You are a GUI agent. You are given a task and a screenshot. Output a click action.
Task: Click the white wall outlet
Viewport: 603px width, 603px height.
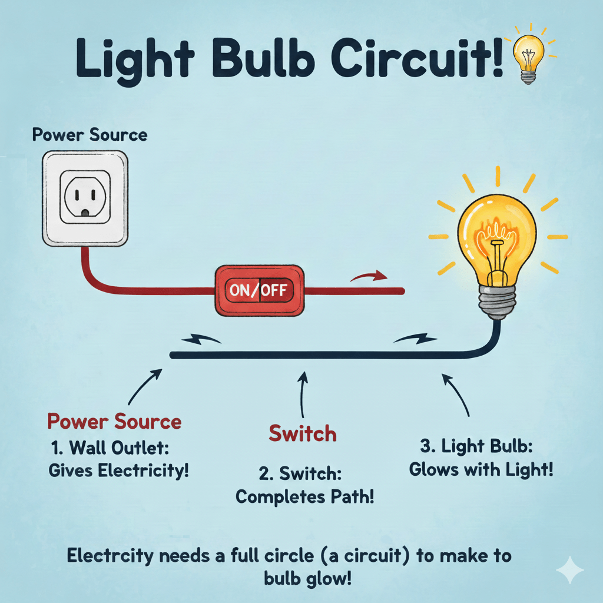85,198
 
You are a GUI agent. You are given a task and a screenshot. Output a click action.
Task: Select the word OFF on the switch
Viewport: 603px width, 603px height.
274,290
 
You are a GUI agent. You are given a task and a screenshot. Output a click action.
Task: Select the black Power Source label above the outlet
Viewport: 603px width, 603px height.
90,135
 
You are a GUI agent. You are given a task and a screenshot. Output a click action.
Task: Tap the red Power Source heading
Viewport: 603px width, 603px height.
114,422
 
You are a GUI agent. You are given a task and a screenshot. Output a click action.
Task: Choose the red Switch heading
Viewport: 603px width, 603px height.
303,434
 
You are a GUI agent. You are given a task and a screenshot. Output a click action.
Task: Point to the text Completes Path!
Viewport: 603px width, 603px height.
305,496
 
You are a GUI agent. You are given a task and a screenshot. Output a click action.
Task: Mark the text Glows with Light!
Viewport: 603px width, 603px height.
481,470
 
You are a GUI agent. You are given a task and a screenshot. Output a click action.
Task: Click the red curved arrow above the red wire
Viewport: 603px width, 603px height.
369,276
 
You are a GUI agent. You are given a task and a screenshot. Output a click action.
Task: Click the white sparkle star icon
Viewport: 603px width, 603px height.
570,571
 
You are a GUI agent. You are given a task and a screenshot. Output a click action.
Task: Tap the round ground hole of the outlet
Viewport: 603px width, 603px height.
86,211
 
